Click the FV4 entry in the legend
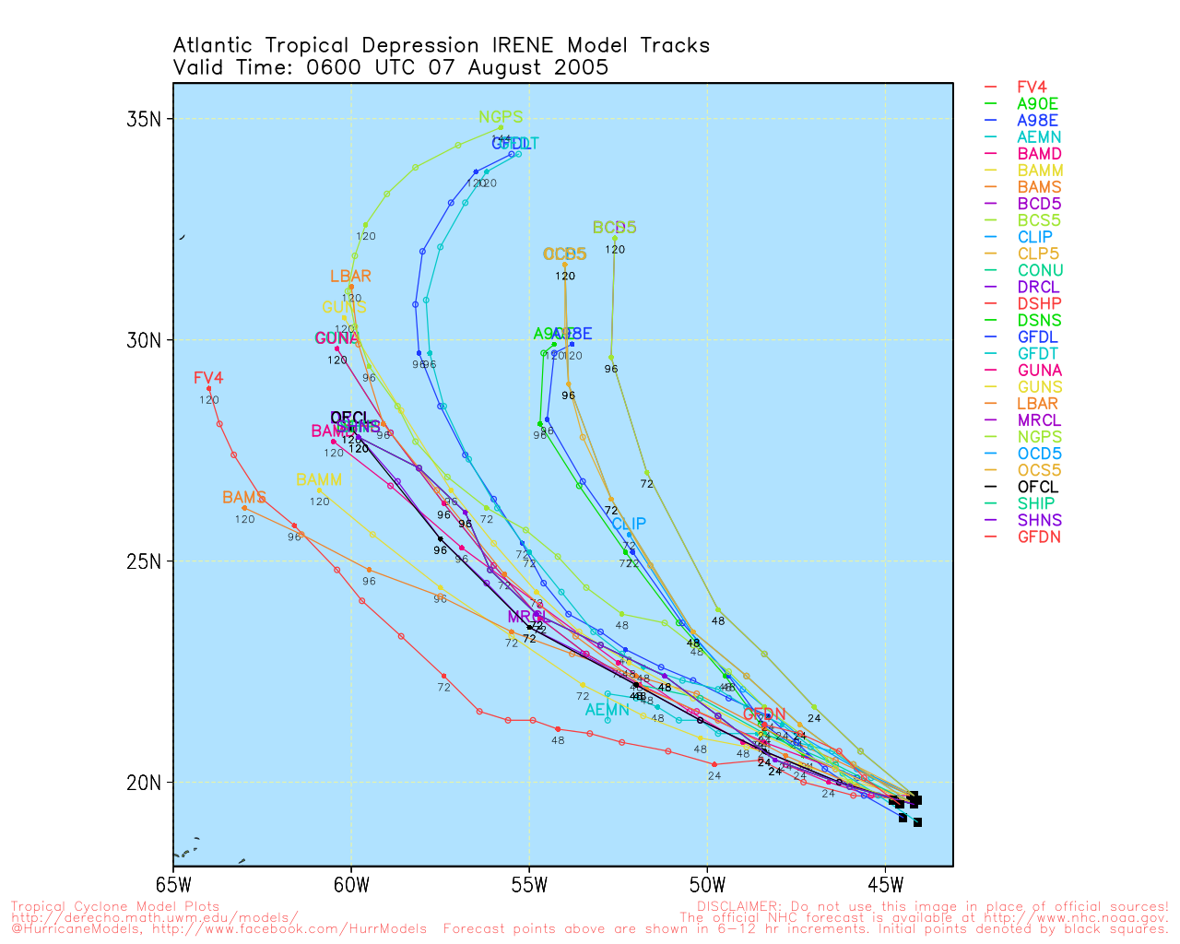click(1032, 88)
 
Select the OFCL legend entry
click(1038, 487)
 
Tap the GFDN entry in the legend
click(1039, 537)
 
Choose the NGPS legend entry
click(1039, 437)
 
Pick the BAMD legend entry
click(1039, 154)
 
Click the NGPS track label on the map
click(501, 118)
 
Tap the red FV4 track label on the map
click(208, 378)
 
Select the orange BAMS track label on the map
click(244, 498)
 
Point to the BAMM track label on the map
click(319, 480)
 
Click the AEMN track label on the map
click(608, 710)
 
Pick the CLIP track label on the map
click(629, 524)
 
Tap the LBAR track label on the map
click(350, 277)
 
